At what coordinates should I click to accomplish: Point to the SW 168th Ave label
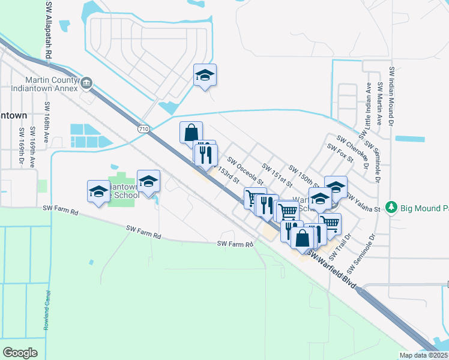pyautogui.click(x=47, y=123)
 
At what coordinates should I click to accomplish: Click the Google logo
pyautogui.click(x=20, y=353)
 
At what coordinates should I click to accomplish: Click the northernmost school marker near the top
pyautogui.click(x=205, y=75)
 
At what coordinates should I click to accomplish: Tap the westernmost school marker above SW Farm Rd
pyautogui.click(x=98, y=191)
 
